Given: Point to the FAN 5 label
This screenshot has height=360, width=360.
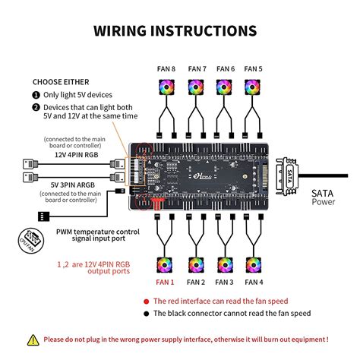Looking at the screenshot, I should pos(254,69).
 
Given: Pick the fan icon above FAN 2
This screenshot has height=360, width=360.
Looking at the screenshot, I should pos(194,264).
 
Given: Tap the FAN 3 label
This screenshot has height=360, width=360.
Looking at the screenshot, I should pos(225,282).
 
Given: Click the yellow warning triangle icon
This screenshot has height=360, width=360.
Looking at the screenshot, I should pos(33,339).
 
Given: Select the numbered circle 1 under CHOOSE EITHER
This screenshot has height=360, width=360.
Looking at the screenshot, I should pos(36,95).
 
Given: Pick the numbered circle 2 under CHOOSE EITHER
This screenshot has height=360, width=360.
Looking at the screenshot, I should pos(36,107).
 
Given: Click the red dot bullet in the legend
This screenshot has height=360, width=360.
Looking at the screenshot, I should pos(146,301).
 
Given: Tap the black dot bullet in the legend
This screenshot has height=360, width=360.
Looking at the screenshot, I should pos(146,314).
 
